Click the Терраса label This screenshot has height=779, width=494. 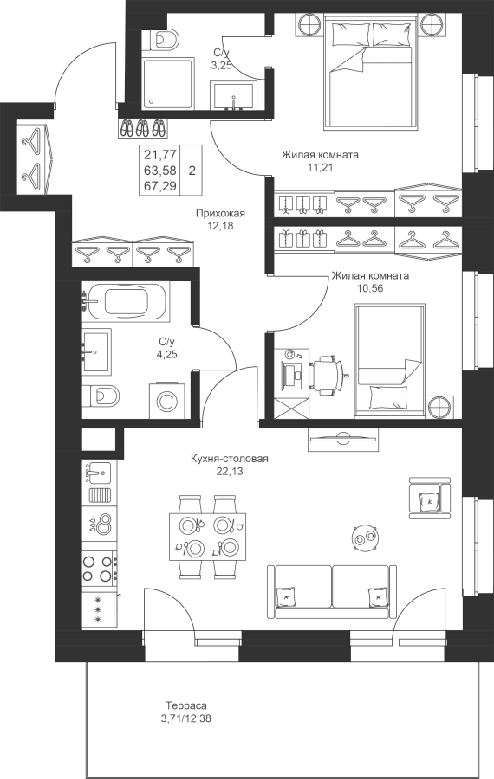click(x=186, y=705)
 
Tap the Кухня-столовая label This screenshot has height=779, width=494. click(x=230, y=459)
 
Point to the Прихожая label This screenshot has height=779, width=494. click(x=220, y=214)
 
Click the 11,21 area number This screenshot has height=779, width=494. click(x=320, y=167)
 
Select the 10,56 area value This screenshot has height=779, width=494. click(x=370, y=288)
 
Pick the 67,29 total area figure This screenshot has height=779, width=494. click(x=160, y=185)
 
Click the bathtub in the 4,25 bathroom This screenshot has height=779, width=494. click(x=126, y=300)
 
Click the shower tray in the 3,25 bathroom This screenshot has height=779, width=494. click(x=167, y=85)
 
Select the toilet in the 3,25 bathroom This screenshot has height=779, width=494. click(x=160, y=39)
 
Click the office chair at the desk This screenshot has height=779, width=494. click(x=328, y=376)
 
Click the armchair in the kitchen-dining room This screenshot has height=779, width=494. click(x=430, y=498)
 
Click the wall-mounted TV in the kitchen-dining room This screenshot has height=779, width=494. click(x=342, y=439)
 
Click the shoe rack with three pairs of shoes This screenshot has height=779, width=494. click(x=143, y=128)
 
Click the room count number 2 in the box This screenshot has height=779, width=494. click(x=192, y=171)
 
